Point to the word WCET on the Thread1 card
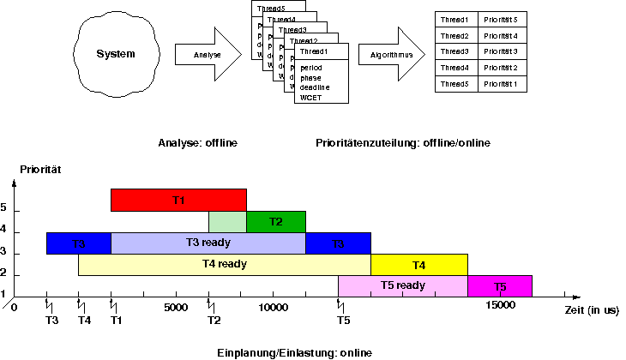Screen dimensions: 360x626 tap(310, 98)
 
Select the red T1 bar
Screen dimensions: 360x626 tap(178, 200)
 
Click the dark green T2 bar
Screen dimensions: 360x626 tap(275, 221)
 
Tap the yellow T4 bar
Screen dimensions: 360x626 tap(418, 264)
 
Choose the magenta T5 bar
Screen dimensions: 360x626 tap(500, 285)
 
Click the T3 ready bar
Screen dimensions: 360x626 tap(208, 243)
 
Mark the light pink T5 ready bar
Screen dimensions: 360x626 tap(402, 285)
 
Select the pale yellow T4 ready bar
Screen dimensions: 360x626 tap(224, 264)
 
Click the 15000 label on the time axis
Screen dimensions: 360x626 tap(499, 306)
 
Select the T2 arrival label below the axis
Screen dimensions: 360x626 tap(214, 321)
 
